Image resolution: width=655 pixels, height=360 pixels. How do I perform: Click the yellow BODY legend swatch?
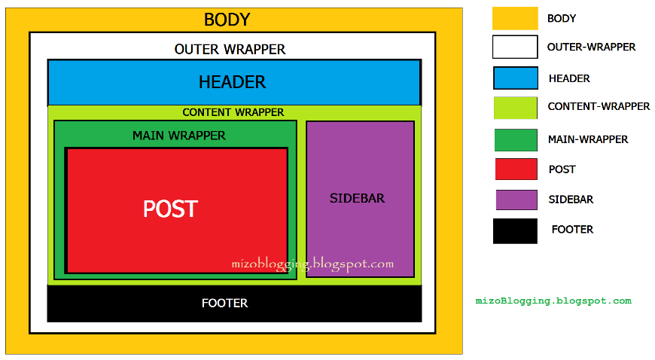click(x=515, y=18)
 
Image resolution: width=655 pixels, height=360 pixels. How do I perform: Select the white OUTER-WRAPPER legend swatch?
click(x=515, y=47)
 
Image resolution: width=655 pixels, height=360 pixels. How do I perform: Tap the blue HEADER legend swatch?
click(x=516, y=78)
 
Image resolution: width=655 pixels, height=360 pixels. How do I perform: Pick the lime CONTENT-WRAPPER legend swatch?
click(x=515, y=108)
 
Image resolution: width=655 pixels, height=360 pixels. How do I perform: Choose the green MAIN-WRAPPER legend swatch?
click(x=516, y=139)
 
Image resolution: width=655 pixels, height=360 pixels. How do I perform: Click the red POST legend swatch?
click(x=516, y=169)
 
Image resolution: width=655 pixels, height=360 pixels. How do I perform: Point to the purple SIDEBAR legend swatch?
click(x=516, y=200)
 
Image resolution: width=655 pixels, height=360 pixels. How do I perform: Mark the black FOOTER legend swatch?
click(x=515, y=230)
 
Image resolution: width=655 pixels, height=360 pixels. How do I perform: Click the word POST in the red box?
click(x=170, y=209)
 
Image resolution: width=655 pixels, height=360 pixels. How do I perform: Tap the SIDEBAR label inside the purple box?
click(x=357, y=198)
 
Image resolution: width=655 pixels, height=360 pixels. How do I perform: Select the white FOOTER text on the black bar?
click(x=224, y=303)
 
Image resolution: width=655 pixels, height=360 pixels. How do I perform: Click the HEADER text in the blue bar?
click(x=232, y=82)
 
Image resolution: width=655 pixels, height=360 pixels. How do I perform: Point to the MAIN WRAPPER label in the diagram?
click(x=178, y=136)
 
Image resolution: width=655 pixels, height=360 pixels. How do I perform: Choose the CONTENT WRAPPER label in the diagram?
click(x=233, y=112)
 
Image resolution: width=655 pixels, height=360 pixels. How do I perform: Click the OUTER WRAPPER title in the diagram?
click(x=230, y=50)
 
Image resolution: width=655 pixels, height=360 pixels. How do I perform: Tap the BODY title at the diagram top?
click(x=227, y=20)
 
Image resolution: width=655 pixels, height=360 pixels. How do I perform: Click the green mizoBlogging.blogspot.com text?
click(x=553, y=301)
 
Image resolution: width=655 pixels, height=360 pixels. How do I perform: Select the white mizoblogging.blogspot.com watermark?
click(x=312, y=264)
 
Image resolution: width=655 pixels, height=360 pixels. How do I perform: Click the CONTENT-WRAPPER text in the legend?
click(x=599, y=107)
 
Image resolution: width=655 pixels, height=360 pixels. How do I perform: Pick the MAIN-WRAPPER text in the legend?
click(x=588, y=139)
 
